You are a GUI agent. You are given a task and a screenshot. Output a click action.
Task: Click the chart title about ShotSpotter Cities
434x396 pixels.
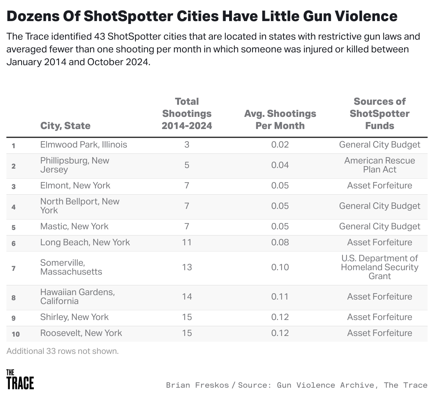click(x=202, y=16)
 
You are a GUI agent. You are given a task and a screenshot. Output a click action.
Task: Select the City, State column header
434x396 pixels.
click(x=65, y=126)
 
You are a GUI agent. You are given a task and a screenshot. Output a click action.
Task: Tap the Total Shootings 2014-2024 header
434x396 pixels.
click(x=187, y=114)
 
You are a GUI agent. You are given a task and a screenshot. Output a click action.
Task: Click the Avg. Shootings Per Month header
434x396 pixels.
click(x=280, y=119)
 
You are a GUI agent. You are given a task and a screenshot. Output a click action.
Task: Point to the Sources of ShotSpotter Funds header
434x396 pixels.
click(x=379, y=114)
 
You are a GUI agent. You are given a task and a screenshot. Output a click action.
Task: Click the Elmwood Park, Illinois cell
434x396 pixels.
click(x=84, y=145)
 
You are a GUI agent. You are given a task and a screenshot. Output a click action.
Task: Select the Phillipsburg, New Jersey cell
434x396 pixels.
click(x=75, y=165)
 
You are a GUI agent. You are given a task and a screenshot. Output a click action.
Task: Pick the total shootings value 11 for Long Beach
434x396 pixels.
click(x=187, y=242)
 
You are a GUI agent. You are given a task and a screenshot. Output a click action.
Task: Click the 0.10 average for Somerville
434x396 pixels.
click(x=280, y=267)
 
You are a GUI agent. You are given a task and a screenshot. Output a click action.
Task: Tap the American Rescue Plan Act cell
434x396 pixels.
click(x=379, y=165)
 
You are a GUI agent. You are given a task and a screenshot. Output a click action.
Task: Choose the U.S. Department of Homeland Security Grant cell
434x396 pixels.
click(x=379, y=267)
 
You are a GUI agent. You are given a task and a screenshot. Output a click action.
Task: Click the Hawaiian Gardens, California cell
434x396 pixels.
click(x=77, y=297)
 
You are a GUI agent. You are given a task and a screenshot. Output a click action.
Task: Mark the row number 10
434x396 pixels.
click(x=16, y=334)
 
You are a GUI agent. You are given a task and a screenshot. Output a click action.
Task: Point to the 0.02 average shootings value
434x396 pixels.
click(x=280, y=145)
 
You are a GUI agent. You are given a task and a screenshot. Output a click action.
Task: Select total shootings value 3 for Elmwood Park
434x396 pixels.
click(x=187, y=145)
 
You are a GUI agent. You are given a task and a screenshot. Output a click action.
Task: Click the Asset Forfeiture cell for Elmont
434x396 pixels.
click(x=379, y=186)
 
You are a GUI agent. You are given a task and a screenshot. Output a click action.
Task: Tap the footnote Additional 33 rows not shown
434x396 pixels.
click(x=63, y=351)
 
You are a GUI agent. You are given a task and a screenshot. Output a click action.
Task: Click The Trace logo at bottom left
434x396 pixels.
click(x=20, y=380)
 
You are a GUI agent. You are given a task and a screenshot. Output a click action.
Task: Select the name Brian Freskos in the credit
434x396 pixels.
click(x=197, y=385)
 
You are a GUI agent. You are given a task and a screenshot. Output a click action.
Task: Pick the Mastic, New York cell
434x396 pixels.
click(x=74, y=226)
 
